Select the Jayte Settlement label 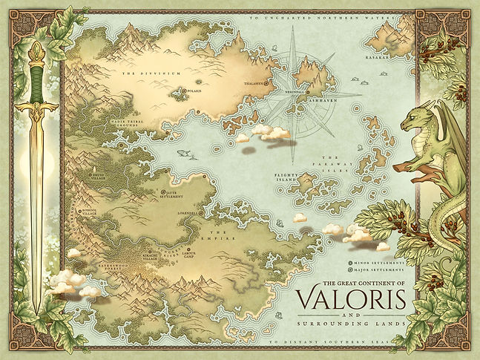(170, 194)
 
